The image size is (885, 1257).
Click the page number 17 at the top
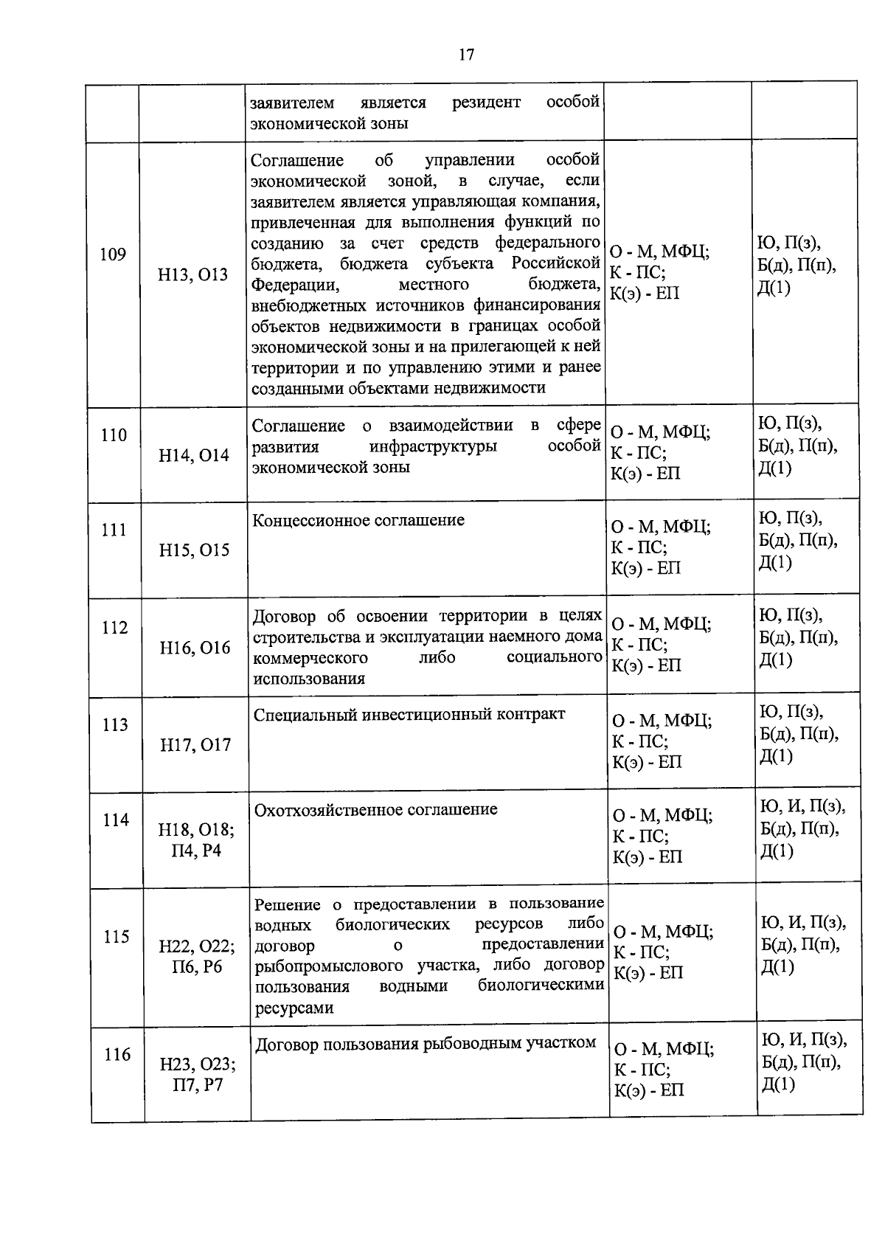pos(465,55)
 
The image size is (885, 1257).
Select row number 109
pos(113,254)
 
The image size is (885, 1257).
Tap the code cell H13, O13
pos(193,275)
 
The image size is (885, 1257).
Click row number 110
pos(114,435)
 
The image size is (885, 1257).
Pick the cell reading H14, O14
pos(194,456)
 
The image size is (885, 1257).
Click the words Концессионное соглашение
pos(358,520)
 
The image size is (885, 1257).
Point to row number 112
pos(114,628)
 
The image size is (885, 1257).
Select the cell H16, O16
pos(195,648)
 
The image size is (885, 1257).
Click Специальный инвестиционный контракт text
pos(409,714)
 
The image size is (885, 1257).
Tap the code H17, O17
pos(195,745)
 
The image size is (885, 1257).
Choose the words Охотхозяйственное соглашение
pos(375,809)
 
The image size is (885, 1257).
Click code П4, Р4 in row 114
pos(196,851)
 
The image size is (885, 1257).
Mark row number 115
pos(116,937)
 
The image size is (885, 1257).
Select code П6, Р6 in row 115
pos(197,967)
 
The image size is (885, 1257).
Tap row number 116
pos(117,1055)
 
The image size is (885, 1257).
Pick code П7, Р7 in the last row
pos(198,1085)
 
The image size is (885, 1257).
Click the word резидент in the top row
pos(486,102)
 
